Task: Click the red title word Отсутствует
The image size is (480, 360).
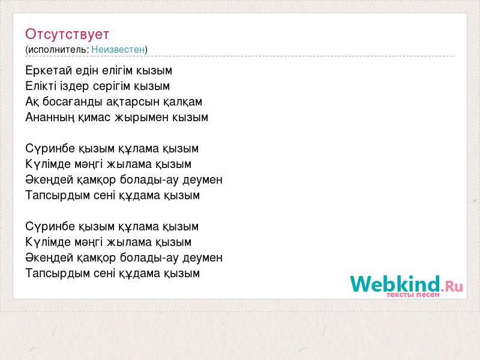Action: [x=67, y=34]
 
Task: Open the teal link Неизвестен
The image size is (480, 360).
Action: [x=118, y=49]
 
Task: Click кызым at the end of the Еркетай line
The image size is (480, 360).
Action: [x=154, y=71]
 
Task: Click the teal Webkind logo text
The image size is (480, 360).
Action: [x=395, y=283]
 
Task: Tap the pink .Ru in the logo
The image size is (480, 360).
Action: [x=452, y=286]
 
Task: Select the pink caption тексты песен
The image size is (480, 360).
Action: [x=413, y=295]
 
